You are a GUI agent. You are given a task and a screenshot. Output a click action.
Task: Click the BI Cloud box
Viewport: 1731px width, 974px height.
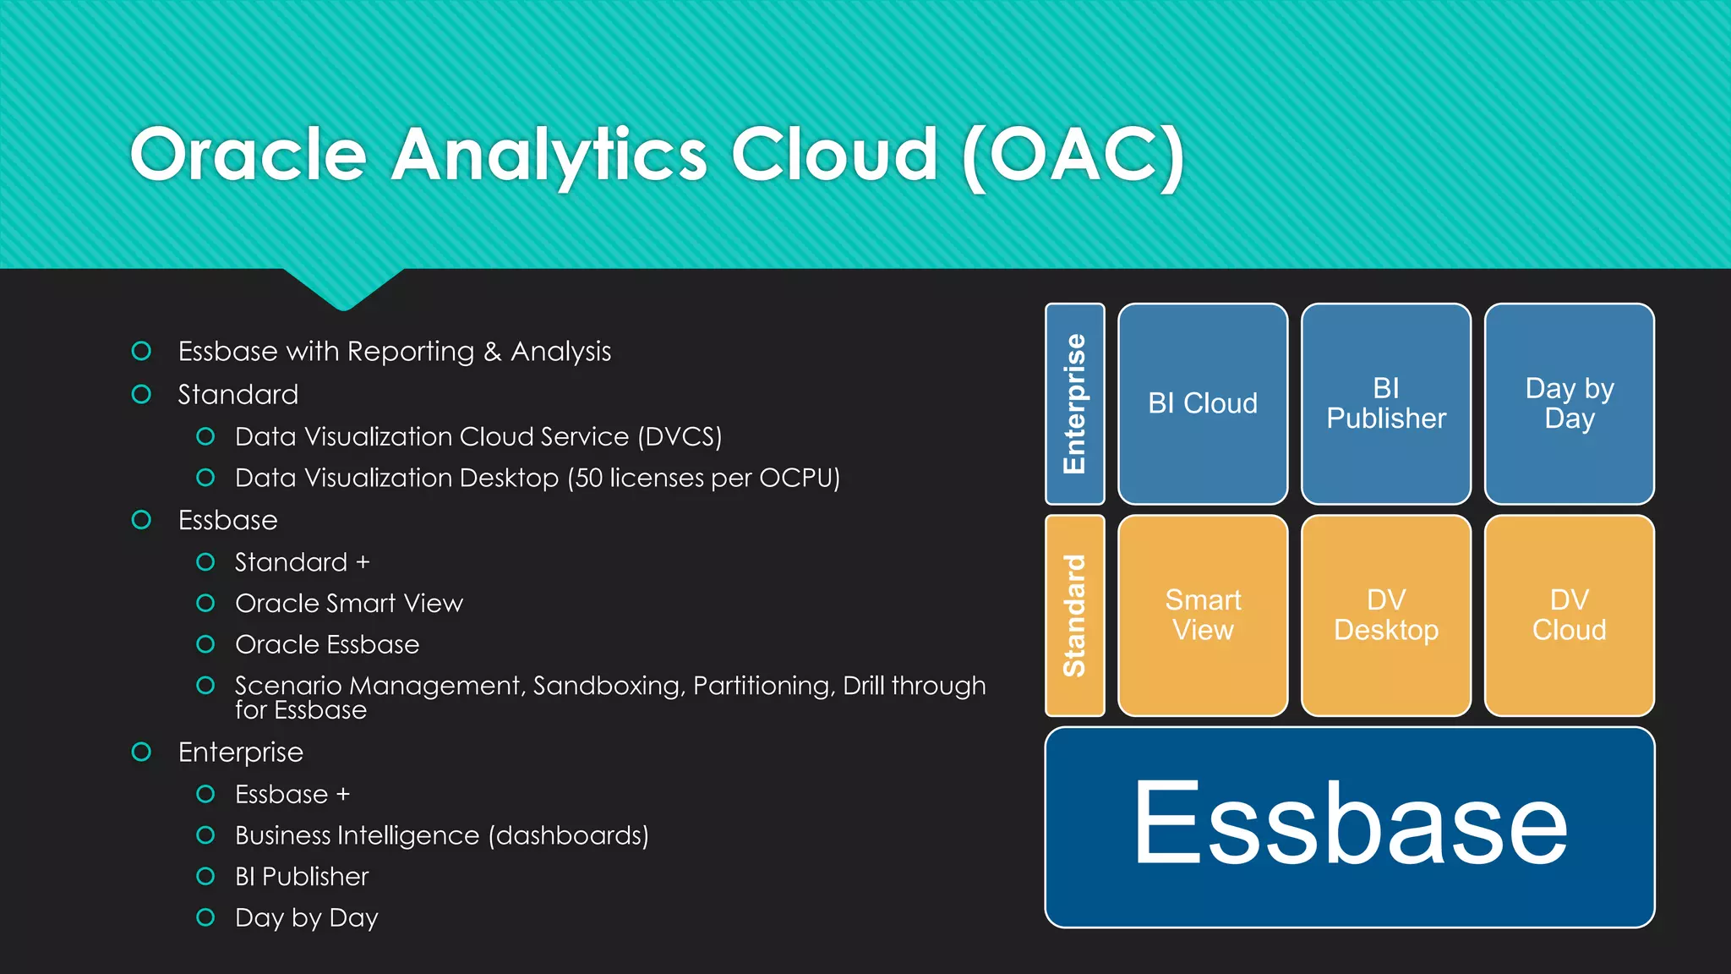pyautogui.click(x=1202, y=403)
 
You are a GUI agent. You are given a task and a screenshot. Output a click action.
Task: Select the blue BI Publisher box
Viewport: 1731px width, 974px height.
pyautogui.click(x=1385, y=403)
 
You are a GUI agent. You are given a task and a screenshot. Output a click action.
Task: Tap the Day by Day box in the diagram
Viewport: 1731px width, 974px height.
pyautogui.click(x=1569, y=403)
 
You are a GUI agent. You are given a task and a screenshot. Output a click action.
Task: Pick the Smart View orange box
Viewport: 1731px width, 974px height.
pyautogui.click(x=1202, y=615)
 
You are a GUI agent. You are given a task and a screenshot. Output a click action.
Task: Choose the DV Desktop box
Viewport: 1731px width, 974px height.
pyautogui.click(x=1385, y=615)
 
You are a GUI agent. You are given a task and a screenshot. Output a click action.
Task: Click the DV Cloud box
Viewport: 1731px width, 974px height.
pyautogui.click(x=1569, y=615)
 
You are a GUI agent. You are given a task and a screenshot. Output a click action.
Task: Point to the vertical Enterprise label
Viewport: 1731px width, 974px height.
pyautogui.click(x=1074, y=403)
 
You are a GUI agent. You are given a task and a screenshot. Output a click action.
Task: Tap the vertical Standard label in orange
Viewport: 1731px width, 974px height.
pyautogui.click(x=1074, y=615)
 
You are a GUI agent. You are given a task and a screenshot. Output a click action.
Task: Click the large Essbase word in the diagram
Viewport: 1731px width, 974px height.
pyautogui.click(x=1349, y=824)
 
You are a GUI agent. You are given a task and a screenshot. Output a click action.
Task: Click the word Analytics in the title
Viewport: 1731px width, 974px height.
pyautogui.click(x=549, y=155)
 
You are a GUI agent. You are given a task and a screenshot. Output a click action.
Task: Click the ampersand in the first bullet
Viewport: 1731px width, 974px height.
pyautogui.click(x=493, y=352)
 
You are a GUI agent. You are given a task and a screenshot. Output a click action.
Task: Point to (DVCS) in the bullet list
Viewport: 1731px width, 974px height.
pyautogui.click(x=680, y=437)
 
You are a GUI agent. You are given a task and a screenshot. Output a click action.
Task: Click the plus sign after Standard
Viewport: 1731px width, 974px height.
pyautogui.click(x=363, y=562)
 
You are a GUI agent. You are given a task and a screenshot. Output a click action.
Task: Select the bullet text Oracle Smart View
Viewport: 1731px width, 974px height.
pyautogui.click(x=348, y=603)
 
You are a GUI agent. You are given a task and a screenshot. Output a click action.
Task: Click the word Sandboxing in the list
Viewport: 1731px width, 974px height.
pyautogui.click(x=608, y=686)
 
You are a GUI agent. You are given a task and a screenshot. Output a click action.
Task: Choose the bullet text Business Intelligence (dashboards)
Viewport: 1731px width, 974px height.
pyautogui.click(x=441, y=835)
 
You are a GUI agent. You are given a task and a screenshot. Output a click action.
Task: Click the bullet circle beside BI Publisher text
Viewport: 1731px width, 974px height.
pyautogui.click(x=205, y=876)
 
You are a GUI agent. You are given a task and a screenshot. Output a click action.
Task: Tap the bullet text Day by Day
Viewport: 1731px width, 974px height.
pyautogui.click(x=306, y=918)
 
